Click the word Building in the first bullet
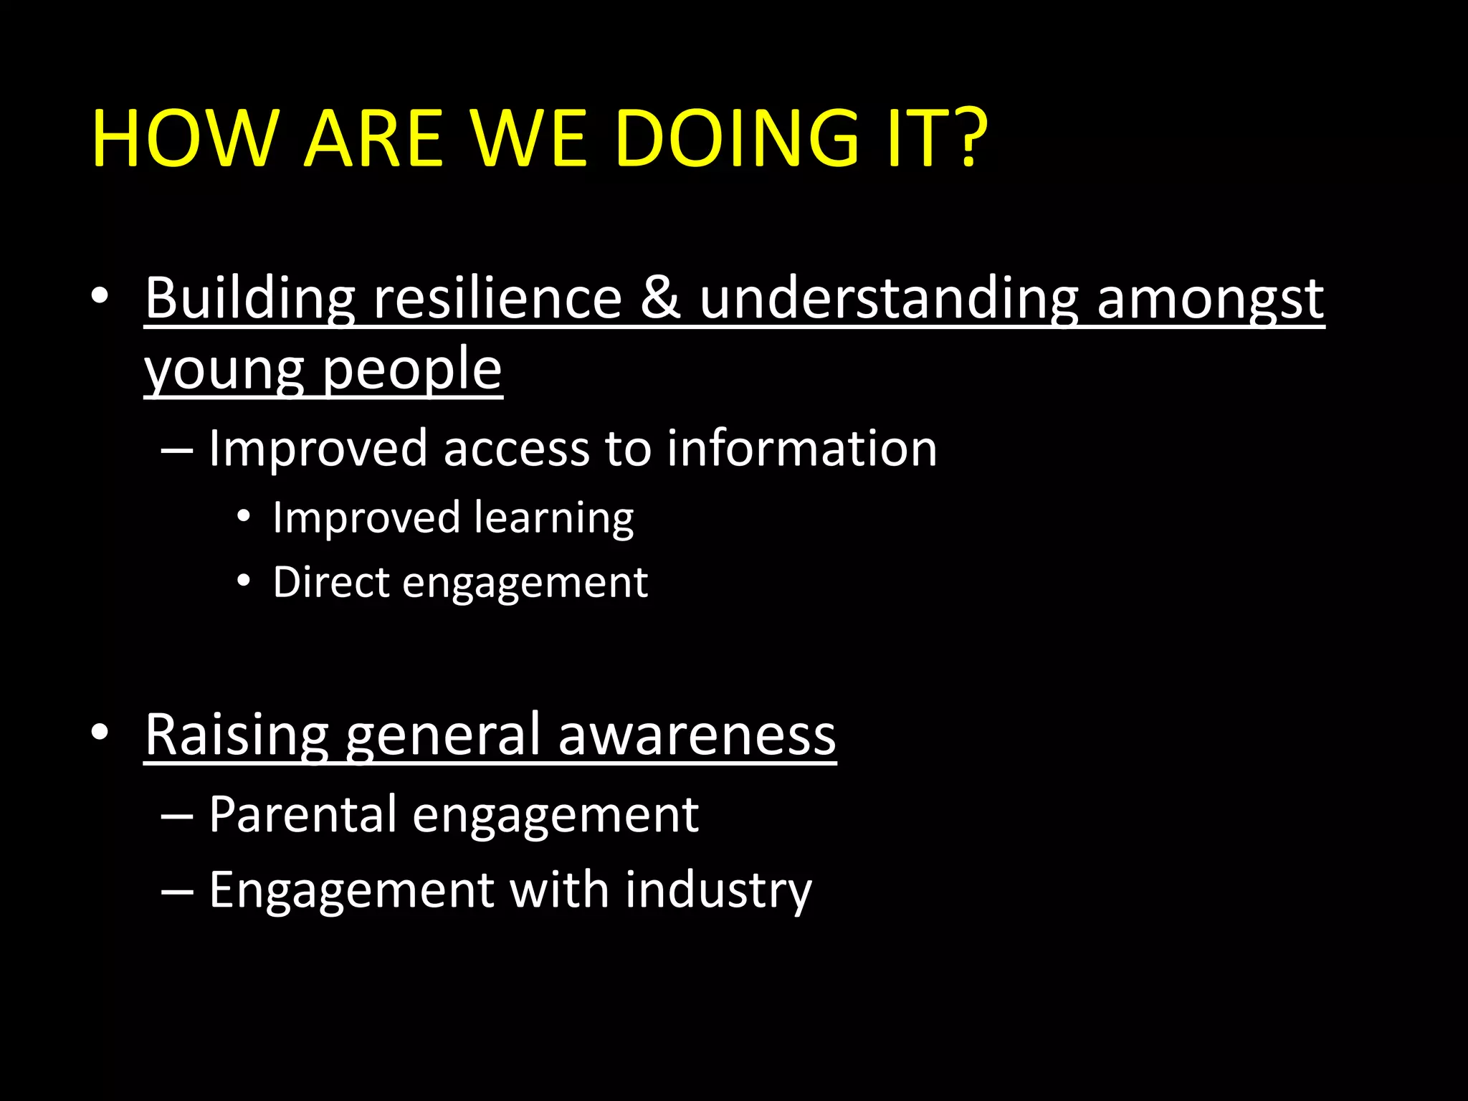tap(249, 298)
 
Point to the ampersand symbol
tap(660, 298)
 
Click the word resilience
tap(497, 298)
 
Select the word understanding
tap(889, 298)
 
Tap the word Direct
tap(330, 582)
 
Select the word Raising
tap(237, 736)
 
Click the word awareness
tap(697, 736)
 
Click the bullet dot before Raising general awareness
tap(100, 732)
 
